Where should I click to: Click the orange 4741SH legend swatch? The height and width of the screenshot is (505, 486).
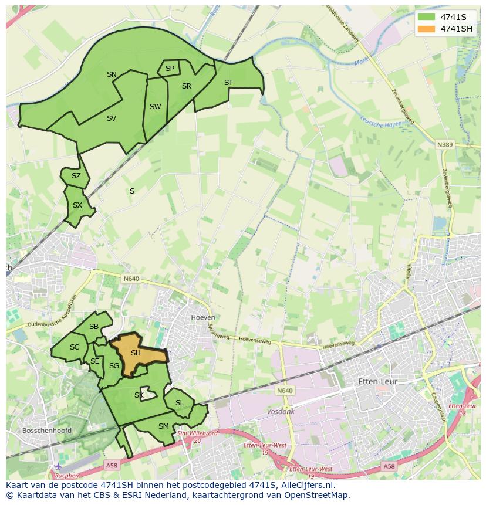click(427, 29)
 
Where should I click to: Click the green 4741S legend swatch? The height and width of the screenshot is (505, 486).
click(427, 16)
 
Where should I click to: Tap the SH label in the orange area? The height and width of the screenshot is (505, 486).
click(136, 353)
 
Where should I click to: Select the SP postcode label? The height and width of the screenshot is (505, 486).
click(170, 69)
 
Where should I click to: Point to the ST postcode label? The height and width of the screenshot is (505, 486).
click(228, 83)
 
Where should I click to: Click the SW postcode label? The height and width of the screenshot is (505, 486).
click(155, 107)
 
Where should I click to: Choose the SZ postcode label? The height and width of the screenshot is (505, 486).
click(76, 176)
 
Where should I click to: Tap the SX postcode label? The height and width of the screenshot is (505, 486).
click(77, 205)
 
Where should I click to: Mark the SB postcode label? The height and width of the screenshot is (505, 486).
click(93, 327)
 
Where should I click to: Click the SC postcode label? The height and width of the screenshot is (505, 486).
click(74, 347)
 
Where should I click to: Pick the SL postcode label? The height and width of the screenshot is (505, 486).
click(180, 403)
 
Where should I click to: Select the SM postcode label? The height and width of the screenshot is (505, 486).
click(163, 426)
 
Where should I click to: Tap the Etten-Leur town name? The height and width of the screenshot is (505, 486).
click(377, 382)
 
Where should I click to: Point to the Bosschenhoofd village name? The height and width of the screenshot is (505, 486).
click(46, 431)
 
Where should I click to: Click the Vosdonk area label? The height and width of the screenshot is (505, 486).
click(281, 412)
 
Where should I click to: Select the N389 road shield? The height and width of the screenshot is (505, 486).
click(446, 144)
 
